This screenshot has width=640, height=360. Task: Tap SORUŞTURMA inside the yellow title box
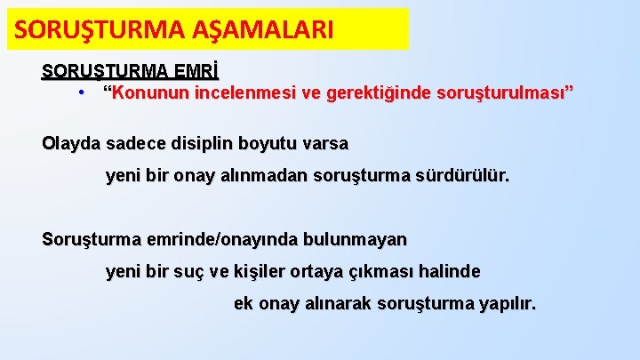[98, 30]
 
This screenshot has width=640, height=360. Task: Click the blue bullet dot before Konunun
[81, 91]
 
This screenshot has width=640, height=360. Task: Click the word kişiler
[258, 271]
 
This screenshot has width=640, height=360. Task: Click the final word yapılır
[508, 304]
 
